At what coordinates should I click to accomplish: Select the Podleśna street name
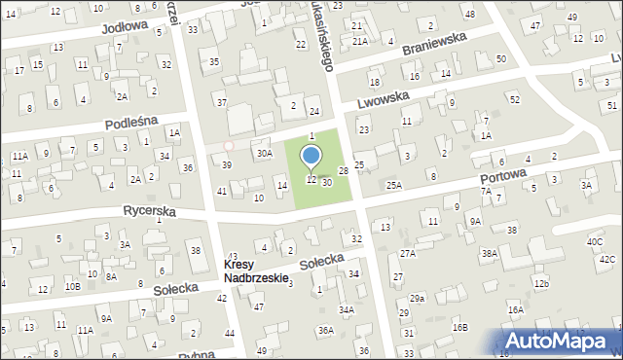tap(132, 125)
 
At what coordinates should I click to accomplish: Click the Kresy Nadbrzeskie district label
tap(256, 271)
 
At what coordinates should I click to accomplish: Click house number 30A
tap(263, 153)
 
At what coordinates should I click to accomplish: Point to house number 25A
tap(393, 185)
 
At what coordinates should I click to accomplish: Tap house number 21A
tap(360, 41)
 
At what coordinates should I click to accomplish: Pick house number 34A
tap(346, 309)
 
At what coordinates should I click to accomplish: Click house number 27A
tap(408, 253)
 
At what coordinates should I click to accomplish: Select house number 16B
tap(459, 328)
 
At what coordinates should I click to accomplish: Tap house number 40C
tap(594, 241)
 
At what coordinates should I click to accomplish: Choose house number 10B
tap(72, 286)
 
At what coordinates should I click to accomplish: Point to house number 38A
tap(489, 253)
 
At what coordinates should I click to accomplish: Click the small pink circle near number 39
tap(229, 146)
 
